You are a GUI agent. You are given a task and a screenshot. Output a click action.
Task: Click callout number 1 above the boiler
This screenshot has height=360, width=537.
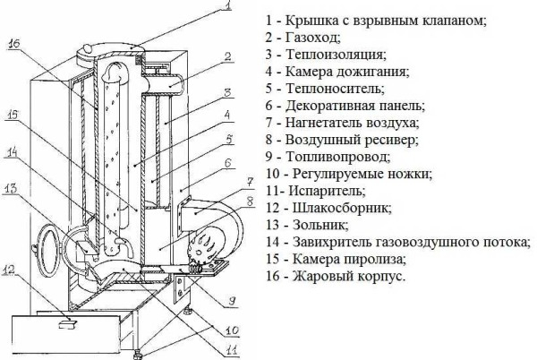tap(231, 8)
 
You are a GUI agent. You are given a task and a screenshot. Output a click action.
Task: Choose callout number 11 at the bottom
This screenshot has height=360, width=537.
tap(231, 350)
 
